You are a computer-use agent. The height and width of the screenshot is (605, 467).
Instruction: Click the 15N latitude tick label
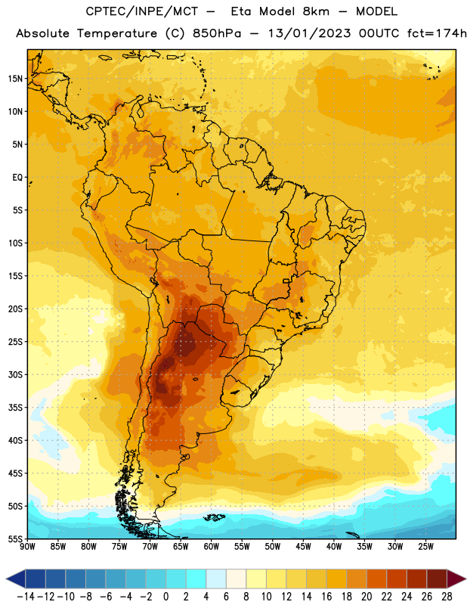point(15,79)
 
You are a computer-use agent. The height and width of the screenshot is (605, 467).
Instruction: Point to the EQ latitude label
point(17,178)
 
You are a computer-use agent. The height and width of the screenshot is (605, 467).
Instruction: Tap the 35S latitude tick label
point(15,408)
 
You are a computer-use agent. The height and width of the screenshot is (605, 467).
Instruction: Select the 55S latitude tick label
point(15,539)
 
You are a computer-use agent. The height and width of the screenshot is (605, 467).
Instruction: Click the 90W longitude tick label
point(27,546)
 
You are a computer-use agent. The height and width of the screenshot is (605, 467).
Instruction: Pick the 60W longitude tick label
point(212,546)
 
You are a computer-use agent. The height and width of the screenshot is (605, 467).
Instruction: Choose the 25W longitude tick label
point(426,546)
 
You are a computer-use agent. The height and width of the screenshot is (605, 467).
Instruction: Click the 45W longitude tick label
point(304,546)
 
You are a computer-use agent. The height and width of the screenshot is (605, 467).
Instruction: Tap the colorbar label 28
point(447,597)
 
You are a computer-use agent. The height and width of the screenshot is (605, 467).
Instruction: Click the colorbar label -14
point(26,597)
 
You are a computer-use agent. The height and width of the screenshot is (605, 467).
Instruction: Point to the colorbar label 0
point(166,597)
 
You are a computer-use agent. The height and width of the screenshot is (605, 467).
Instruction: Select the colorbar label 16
point(326,597)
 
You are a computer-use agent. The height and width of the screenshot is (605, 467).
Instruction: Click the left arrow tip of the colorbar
point(6,579)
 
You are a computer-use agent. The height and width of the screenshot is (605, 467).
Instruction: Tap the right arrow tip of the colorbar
point(465,579)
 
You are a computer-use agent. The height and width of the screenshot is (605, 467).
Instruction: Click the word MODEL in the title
point(376,11)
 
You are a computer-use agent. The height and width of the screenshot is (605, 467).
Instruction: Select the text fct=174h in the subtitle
point(437,33)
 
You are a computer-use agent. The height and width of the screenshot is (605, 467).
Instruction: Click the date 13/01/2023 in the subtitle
point(309,33)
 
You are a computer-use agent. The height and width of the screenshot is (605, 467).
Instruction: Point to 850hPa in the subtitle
point(217,33)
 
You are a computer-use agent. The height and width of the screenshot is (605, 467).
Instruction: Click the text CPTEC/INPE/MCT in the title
point(142,11)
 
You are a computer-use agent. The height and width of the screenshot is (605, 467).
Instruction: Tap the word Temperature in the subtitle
point(117,34)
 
